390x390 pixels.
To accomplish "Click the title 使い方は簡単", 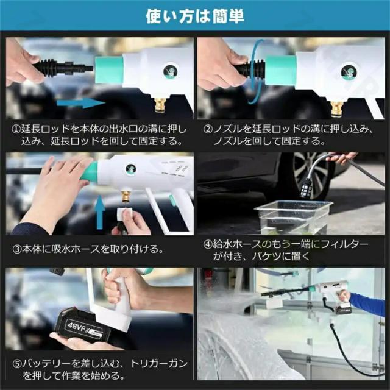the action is coord(195,16).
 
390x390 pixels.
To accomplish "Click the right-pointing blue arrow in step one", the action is coord(81,103).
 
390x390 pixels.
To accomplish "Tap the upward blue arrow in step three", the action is coord(100,212).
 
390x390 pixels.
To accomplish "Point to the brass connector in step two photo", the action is coord(337,108).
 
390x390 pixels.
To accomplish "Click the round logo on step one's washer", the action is coord(171,72).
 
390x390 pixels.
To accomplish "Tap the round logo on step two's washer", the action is coord(349,72).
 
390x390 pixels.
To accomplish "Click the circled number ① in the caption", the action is coord(16,129).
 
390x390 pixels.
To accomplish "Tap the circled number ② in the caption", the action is coord(208,129).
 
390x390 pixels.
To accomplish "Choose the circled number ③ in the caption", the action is coord(17,249).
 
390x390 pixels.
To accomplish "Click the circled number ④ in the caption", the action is coord(208,244).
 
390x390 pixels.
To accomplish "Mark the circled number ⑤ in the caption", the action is coord(17,364).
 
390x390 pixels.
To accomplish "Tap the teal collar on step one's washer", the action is coord(110,70).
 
